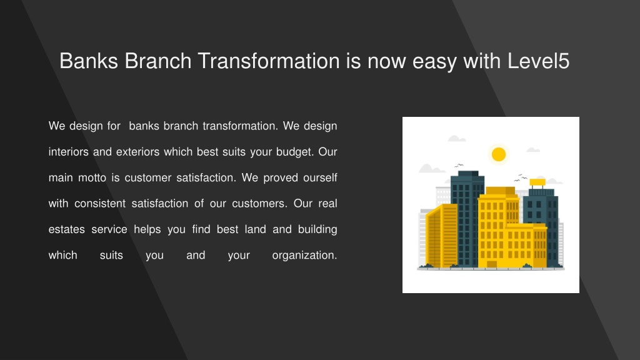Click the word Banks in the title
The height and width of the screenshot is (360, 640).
pyautogui.click(x=89, y=61)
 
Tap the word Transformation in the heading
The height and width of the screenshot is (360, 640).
pyautogui.click(x=269, y=61)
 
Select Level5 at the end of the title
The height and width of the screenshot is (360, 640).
pyautogui.click(x=538, y=61)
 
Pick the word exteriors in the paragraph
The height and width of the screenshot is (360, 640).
pyautogui.click(x=138, y=152)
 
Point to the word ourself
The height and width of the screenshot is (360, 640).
pyautogui.click(x=320, y=178)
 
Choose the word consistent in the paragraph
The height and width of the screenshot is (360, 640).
pyautogui.click(x=100, y=204)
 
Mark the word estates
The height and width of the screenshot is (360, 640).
pyautogui.click(x=66, y=230)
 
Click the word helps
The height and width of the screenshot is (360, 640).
pyautogui.click(x=147, y=230)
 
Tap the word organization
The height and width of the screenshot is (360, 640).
pyautogui.click(x=304, y=256)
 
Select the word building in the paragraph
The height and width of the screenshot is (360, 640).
pyautogui.click(x=317, y=230)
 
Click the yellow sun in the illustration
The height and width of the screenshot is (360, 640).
pyautogui.click(x=499, y=154)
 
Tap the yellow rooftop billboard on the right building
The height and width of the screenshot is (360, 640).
pyautogui.click(x=537, y=182)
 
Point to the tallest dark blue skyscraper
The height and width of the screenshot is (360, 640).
pyautogui.click(x=467, y=219)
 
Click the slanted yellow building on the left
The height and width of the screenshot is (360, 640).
pyautogui.click(x=442, y=236)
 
